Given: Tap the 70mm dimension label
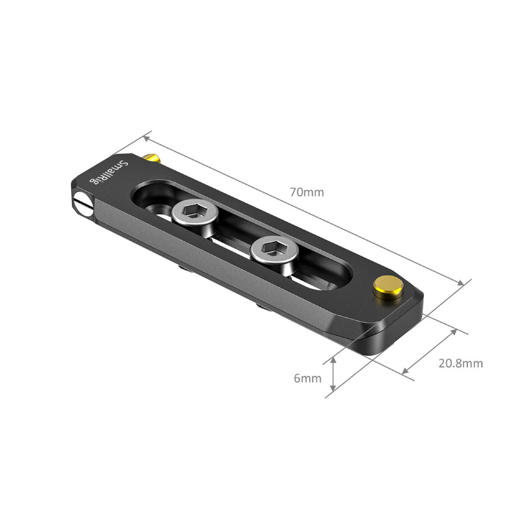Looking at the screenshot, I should click(307, 192).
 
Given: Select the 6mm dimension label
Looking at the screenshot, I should click(308, 378).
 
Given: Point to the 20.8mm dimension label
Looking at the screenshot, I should click(461, 363).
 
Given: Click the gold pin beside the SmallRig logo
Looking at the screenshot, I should click(151, 157).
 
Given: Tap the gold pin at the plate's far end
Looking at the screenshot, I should click(388, 287).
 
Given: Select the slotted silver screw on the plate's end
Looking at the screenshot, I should click(83, 202).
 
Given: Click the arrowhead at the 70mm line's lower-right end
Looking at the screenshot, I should click(461, 283).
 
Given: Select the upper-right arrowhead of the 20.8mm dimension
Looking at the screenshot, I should click(453, 332).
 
